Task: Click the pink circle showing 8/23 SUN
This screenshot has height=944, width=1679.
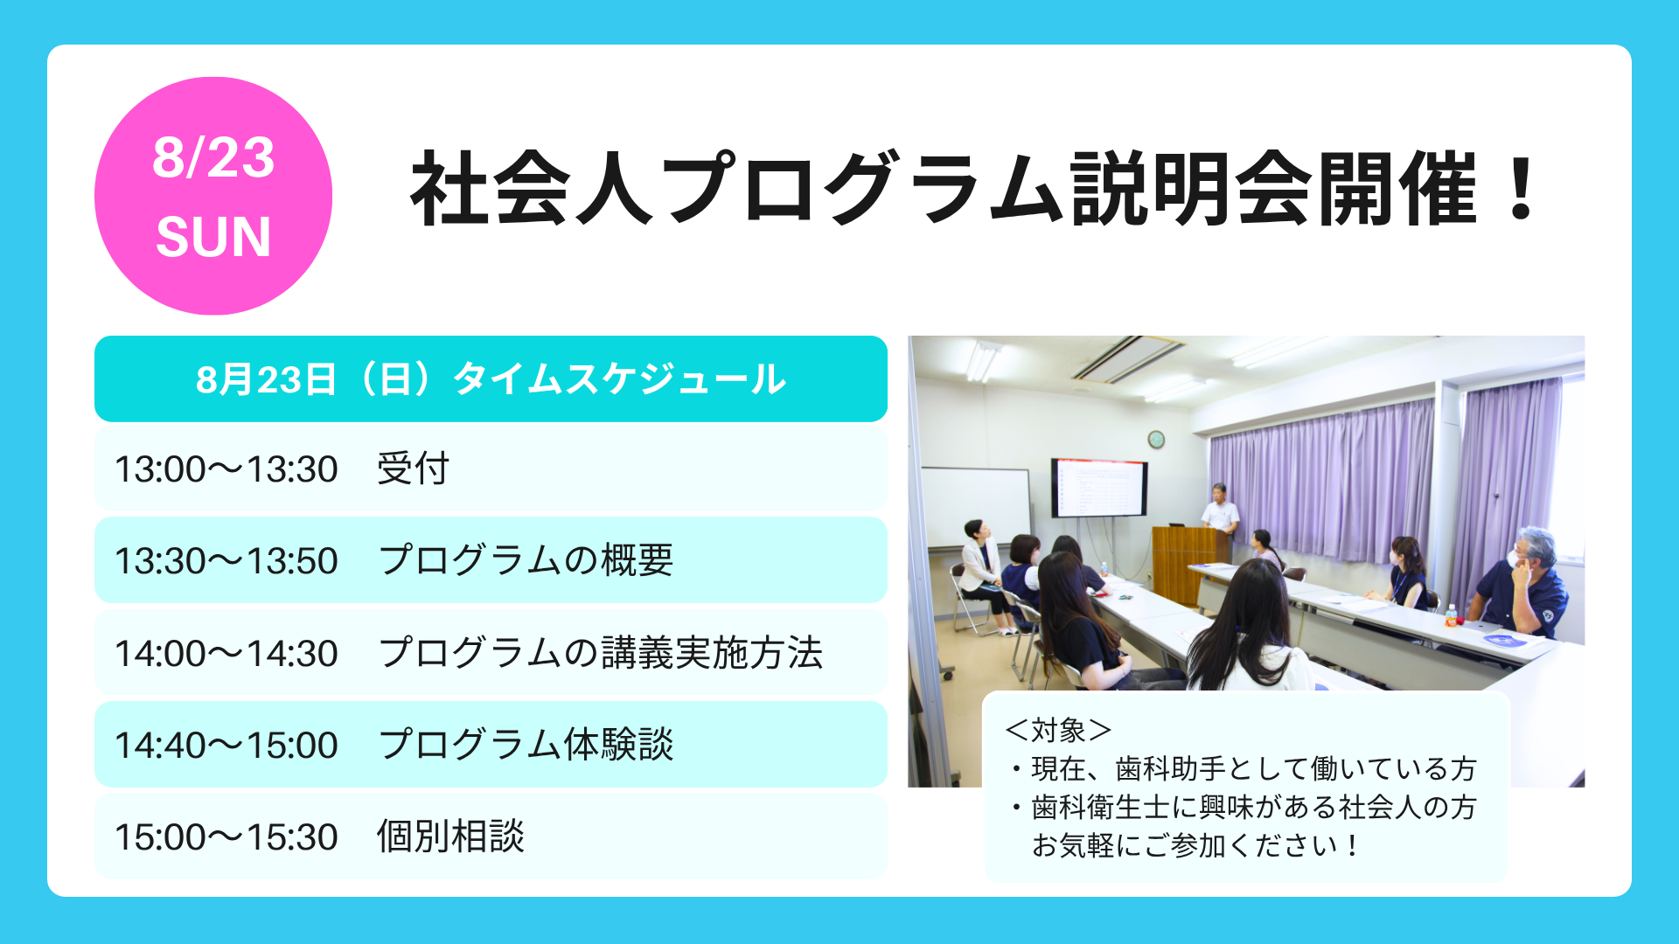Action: point(213,196)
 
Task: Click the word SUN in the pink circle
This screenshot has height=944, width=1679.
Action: point(213,237)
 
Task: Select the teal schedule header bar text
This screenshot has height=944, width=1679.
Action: point(491,379)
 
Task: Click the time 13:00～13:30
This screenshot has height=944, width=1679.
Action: point(226,469)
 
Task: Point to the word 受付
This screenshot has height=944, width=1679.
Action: point(413,469)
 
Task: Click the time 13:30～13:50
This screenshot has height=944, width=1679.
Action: point(226,561)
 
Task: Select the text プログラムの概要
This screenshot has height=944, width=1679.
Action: point(526,560)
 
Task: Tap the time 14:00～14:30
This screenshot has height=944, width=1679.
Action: point(226,654)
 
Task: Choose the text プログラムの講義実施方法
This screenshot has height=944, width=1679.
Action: point(601,653)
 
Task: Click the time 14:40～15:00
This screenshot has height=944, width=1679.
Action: point(226,746)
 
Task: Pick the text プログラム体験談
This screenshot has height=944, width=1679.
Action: point(526,745)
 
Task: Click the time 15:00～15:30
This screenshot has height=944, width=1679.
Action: point(226,837)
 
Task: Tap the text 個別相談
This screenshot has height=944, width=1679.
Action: point(450,836)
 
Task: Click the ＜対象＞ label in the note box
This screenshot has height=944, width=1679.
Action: point(1058,729)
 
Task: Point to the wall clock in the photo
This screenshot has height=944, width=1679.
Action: point(1156,439)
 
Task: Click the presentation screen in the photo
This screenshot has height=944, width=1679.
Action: point(1099,488)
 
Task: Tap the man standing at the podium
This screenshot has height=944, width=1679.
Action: point(1220,516)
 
